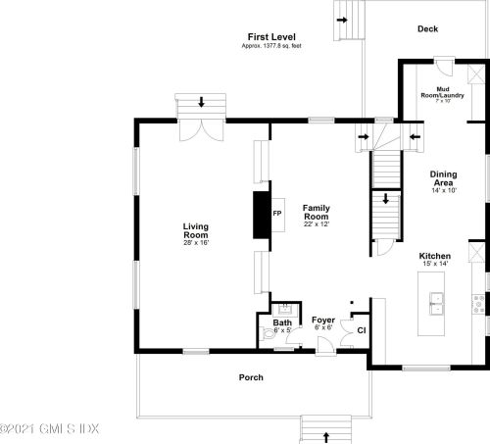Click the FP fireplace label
(277, 214)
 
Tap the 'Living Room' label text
(196, 230)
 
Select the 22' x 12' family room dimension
(317, 224)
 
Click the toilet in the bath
(269, 334)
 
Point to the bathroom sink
(285, 310)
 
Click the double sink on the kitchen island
(436, 304)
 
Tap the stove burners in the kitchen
(479, 304)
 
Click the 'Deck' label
(427, 28)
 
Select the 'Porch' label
(251, 377)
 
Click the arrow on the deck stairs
(342, 21)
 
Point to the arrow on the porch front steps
(325, 437)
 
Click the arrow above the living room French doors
(201, 102)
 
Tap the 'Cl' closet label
(362, 330)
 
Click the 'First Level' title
(271, 37)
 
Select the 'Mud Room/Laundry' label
(442, 92)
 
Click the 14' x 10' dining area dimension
(444, 190)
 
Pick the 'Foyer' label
(323, 320)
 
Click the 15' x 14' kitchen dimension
(435, 264)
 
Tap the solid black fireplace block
(261, 215)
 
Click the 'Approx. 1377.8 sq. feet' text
(271, 46)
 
